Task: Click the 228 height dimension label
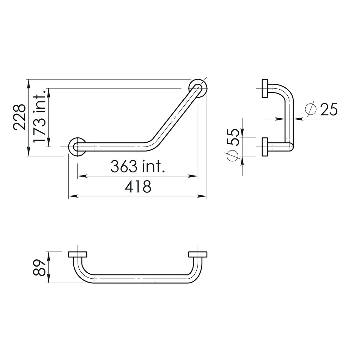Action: (19, 117)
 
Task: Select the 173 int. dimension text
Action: (39, 117)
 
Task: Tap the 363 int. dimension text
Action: (138, 166)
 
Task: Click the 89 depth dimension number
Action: (39, 267)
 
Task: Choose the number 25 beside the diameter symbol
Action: (329, 109)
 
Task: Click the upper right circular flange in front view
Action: (197, 89)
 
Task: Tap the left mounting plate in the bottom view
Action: (78, 255)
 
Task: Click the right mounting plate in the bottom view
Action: (198, 255)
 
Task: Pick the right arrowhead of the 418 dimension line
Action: (204, 196)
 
